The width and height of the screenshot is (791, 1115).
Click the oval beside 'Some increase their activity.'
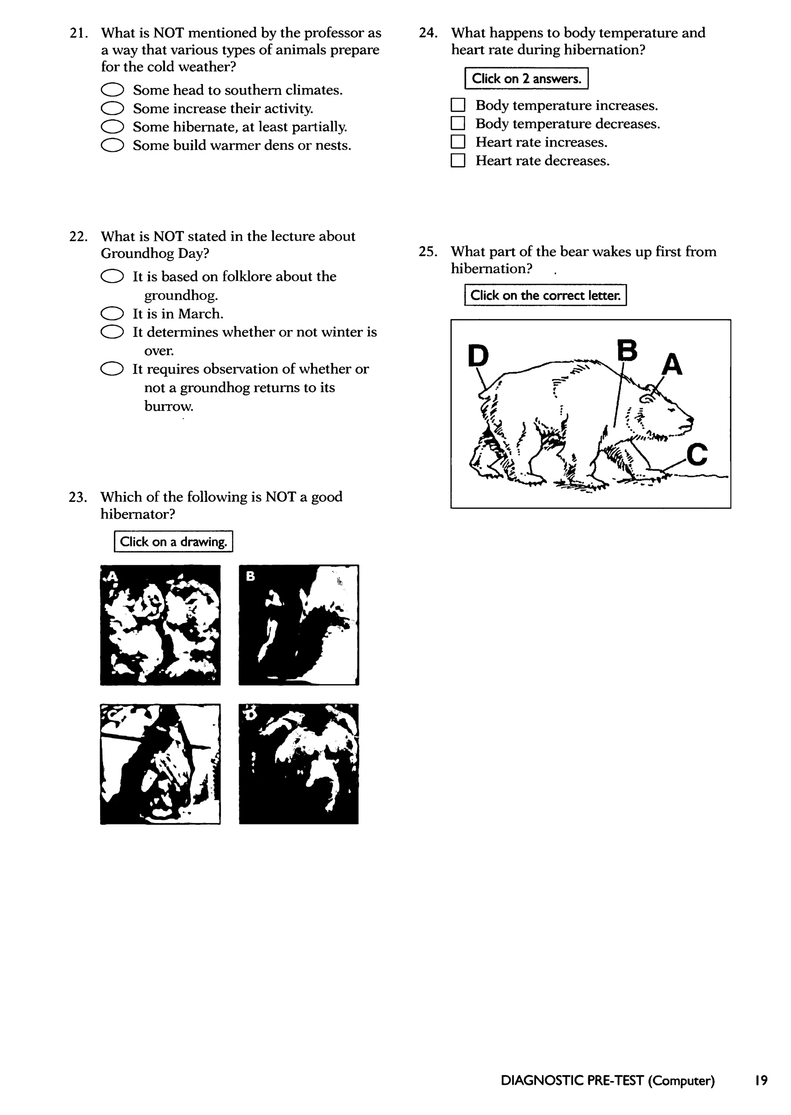pyautogui.click(x=112, y=108)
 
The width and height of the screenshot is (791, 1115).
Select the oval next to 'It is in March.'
pyautogui.click(x=112, y=313)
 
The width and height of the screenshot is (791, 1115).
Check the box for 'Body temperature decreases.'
pyautogui.click(x=458, y=123)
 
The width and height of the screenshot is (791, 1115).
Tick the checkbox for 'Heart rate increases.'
pyautogui.click(x=458, y=142)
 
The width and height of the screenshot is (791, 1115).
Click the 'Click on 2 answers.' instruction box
pyautogui.click(x=526, y=78)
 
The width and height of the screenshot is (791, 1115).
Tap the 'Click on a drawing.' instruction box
pyautogui.click(x=173, y=541)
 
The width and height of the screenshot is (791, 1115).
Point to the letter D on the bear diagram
pyautogui.click(x=478, y=355)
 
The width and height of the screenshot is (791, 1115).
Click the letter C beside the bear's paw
pyautogui.click(x=697, y=454)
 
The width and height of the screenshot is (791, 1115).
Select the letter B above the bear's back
pyautogui.click(x=627, y=350)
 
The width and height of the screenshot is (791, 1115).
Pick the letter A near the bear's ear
pyautogui.click(x=672, y=364)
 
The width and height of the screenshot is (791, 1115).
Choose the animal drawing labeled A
pyautogui.click(x=160, y=625)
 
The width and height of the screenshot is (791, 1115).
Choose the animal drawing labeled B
pyautogui.click(x=299, y=625)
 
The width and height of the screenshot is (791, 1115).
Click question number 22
pyautogui.click(x=78, y=237)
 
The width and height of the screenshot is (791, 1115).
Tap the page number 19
pyautogui.click(x=761, y=1080)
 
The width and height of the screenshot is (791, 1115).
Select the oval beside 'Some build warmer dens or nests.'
pyautogui.click(x=112, y=145)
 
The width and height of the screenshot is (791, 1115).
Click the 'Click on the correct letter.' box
pyautogui.click(x=545, y=295)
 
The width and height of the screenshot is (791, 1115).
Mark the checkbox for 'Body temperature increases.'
pyautogui.click(x=458, y=105)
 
